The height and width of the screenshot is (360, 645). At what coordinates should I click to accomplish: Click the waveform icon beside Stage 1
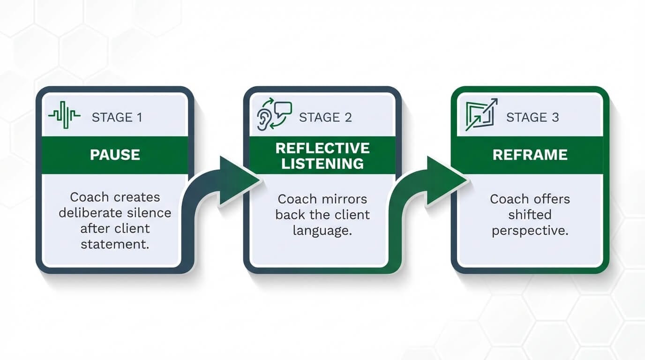click(x=64, y=115)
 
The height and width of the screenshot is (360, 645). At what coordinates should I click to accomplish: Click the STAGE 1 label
click(x=117, y=117)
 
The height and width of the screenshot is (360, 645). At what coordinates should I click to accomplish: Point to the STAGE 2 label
click(x=325, y=117)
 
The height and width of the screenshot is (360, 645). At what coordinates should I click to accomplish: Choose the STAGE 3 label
click(x=532, y=117)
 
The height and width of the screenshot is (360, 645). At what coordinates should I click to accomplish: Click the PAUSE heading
click(x=115, y=155)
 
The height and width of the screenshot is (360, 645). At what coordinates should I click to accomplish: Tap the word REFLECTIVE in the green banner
click(x=322, y=148)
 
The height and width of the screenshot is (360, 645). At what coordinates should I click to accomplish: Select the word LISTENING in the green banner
click(x=322, y=163)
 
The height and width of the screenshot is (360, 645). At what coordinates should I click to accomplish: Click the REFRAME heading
click(x=530, y=155)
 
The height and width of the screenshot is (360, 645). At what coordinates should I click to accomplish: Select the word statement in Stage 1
click(x=115, y=244)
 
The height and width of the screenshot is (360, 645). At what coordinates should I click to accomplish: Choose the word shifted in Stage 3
click(x=530, y=215)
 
